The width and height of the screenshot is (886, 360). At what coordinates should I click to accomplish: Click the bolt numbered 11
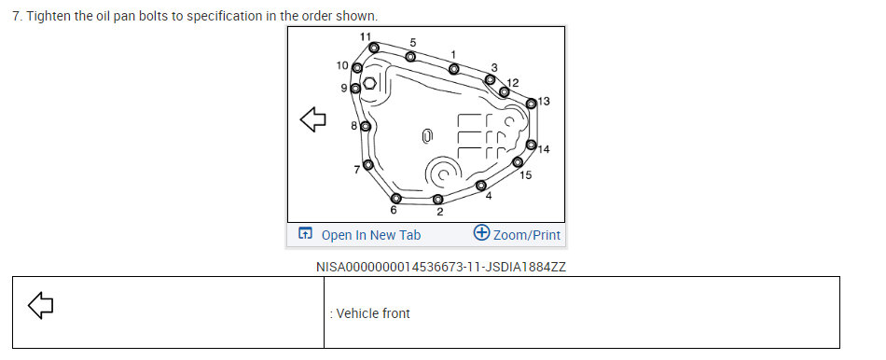click(373, 47)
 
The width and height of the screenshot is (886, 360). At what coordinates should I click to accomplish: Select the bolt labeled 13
click(532, 104)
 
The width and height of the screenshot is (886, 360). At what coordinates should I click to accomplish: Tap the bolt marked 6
click(396, 198)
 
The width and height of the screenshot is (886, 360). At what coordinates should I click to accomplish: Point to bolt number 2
click(438, 199)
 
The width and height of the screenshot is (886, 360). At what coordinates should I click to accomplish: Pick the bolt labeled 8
click(366, 126)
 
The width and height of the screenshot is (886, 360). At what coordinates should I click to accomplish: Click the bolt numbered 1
click(454, 69)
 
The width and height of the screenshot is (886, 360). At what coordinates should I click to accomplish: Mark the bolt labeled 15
click(518, 162)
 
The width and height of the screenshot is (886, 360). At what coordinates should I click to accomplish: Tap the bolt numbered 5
click(410, 57)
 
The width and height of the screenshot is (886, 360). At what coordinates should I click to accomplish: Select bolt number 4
click(481, 186)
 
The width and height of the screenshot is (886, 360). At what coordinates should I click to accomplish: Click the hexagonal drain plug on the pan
click(369, 84)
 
